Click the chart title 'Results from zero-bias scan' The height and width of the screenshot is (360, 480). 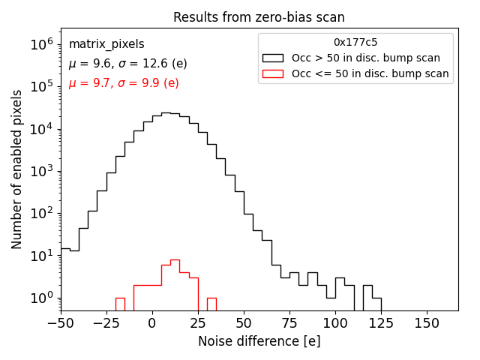pyautogui.click(x=259, y=17)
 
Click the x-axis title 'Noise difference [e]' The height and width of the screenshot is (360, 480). pyautogui.click(x=259, y=341)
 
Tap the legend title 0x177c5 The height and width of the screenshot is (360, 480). pyautogui.click(x=355, y=43)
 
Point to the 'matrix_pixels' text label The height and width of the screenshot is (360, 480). pyautogui.click(x=106, y=44)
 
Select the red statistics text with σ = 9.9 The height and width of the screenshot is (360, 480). pyautogui.click(x=124, y=83)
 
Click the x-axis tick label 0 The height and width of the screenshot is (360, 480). pyautogui.click(x=152, y=322)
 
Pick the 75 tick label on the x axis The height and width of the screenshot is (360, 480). pyautogui.click(x=289, y=322)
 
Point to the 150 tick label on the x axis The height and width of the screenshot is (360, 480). pyautogui.click(x=427, y=322)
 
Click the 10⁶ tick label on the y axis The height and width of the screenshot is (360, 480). pyautogui.click(x=41, y=44)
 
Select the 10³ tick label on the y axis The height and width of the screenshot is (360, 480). pyautogui.click(x=41, y=171)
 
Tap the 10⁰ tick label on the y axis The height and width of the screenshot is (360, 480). pyautogui.click(x=41, y=298)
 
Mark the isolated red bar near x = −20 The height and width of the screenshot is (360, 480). pyautogui.click(x=120, y=304)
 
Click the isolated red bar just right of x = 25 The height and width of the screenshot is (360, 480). pyautogui.click(x=211, y=304)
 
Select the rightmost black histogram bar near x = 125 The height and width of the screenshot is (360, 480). pyautogui.click(x=376, y=304)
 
